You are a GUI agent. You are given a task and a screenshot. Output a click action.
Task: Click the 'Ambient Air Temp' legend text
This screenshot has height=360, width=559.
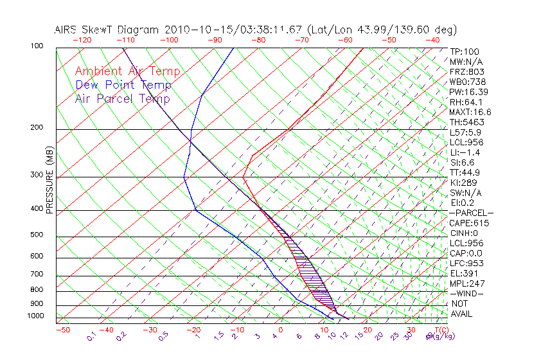[x=127, y=71]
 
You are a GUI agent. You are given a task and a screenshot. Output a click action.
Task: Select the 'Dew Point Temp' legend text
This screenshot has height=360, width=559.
[x=123, y=85]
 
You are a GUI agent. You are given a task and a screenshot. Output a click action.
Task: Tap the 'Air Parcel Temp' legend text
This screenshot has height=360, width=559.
[x=122, y=98]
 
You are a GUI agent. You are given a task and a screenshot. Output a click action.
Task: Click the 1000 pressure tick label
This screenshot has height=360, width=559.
[x=37, y=316]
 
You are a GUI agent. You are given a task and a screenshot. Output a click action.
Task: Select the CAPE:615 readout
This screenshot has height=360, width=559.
[x=469, y=223]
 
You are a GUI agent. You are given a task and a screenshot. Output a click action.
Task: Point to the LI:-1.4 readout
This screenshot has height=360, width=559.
[x=465, y=152]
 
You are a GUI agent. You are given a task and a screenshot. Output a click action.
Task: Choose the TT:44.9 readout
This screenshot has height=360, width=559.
[x=465, y=172]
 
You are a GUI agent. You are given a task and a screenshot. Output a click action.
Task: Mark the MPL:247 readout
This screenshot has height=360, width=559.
[x=467, y=283]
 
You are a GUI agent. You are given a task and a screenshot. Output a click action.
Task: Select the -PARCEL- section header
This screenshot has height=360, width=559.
[x=471, y=213]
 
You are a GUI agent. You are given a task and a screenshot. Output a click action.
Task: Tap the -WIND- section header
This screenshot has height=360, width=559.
[x=467, y=293]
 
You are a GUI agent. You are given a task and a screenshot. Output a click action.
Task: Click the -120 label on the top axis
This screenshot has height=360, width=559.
[x=82, y=40]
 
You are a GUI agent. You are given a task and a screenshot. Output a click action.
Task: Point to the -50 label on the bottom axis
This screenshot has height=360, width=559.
[x=62, y=330]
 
